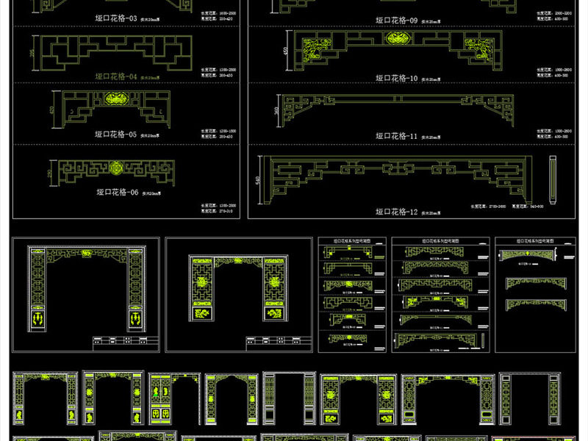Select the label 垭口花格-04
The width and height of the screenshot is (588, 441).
pyautogui.click(x=118, y=76)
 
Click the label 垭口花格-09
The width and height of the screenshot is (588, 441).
pyautogui.click(x=397, y=20)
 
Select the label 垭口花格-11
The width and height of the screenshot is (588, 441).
pyautogui.click(x=397, y=135)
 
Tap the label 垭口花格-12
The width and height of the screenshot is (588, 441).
pyautogui.click(x=397, y=212)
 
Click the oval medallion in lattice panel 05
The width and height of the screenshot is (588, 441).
pyautogui.click(x=117, y=101)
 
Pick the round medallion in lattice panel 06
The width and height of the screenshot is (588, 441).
pyautogui.click(x=116, y=168)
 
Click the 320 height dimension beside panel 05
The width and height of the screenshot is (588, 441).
pyautogui.click(x=53, y=109)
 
